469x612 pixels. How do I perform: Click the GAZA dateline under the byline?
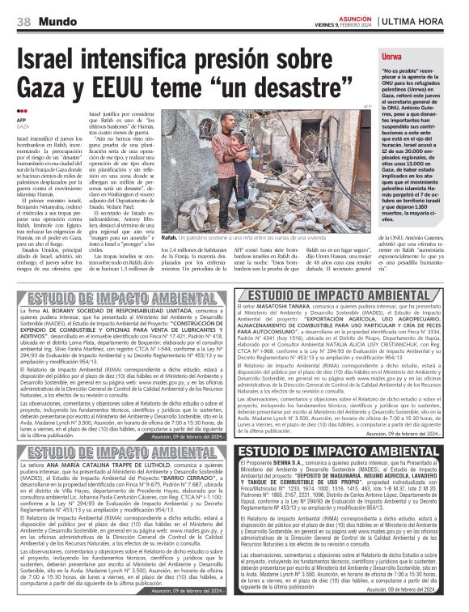click(23, 126)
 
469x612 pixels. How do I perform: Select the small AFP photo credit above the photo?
click(366, 107)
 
